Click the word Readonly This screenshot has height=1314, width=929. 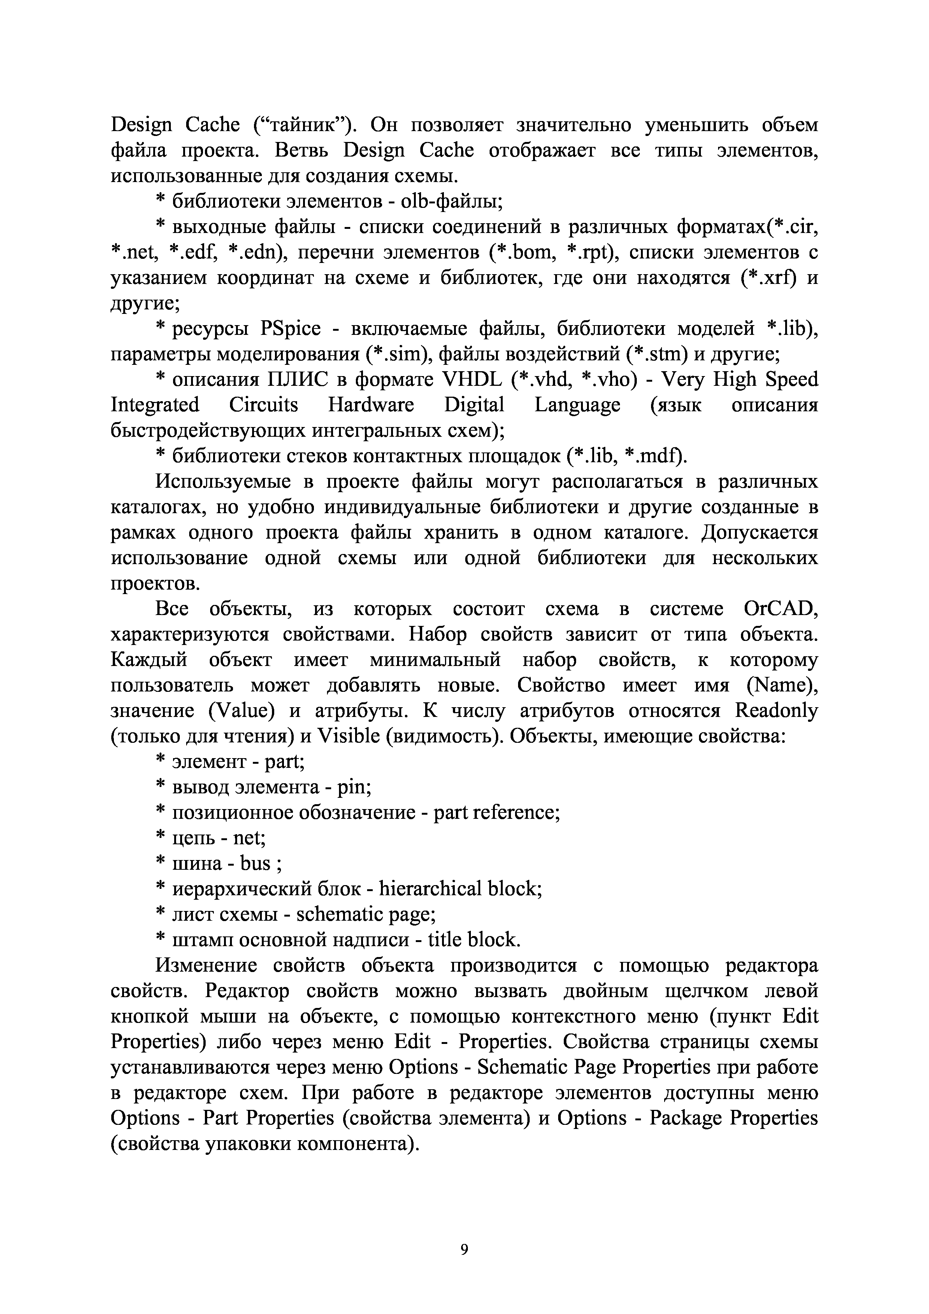click(776, 711)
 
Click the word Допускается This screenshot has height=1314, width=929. click(760, 533)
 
